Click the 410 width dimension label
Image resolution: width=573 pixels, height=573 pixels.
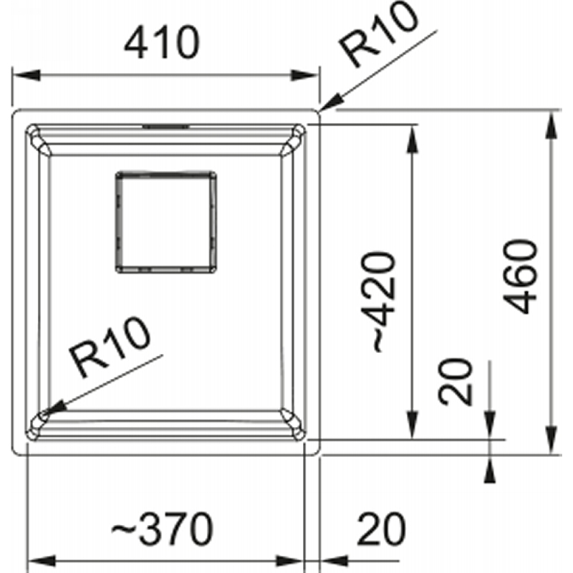(x=162, y=42)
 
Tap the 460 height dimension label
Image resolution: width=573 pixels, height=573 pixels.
(x=520, y=276)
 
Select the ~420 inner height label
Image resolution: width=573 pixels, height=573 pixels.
(x=379, y=302)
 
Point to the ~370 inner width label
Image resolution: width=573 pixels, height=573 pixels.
(x=163, y=529)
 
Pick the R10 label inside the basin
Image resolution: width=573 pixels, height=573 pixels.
(x=110, y=347)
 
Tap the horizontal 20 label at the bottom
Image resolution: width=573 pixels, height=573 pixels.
(x=382, y=529)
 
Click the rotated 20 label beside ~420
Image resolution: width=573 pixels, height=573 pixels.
(x=456, y=382)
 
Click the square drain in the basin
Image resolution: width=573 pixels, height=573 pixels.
(x=166, y=222)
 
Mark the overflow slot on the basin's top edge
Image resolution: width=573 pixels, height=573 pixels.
(x=166, y=127)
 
